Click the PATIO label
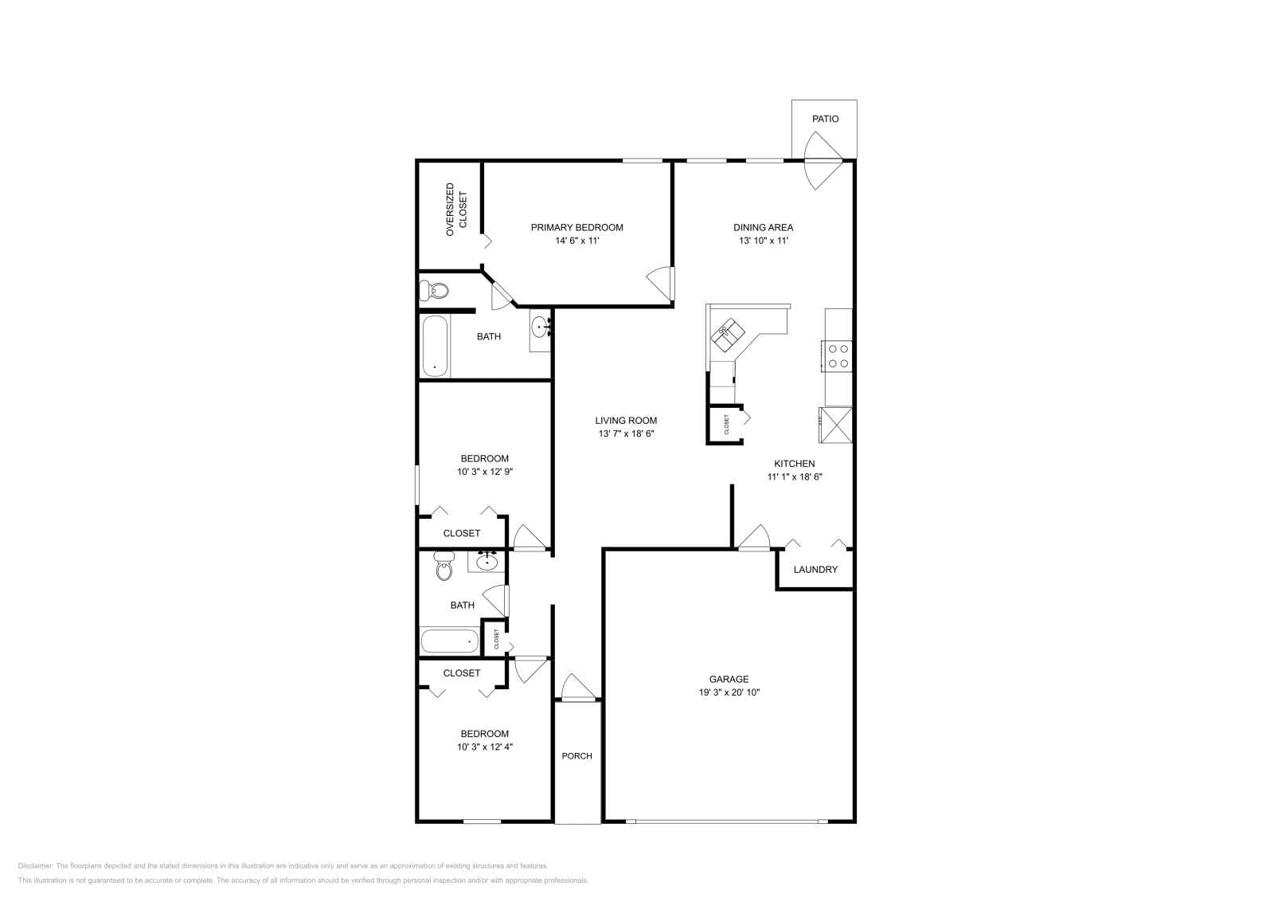point(825,119)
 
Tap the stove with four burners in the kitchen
point(837,355)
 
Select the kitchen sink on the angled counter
point(729,334)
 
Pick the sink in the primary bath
point(541,326)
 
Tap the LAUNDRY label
point(815,569)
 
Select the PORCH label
point(576,755)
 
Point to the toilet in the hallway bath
point(444,567)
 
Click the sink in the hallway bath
point(487,562)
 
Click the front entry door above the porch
point(576,690)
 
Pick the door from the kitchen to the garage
point(753,539)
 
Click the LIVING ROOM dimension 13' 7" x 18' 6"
point(626,433)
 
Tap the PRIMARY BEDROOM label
point(576,227)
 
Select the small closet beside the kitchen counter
point(725,425)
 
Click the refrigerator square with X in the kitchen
point(836,424)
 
